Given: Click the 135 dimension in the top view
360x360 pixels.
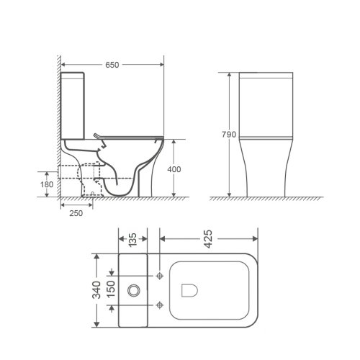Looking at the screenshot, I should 132,238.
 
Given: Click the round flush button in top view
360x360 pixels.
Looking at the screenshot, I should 132,290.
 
